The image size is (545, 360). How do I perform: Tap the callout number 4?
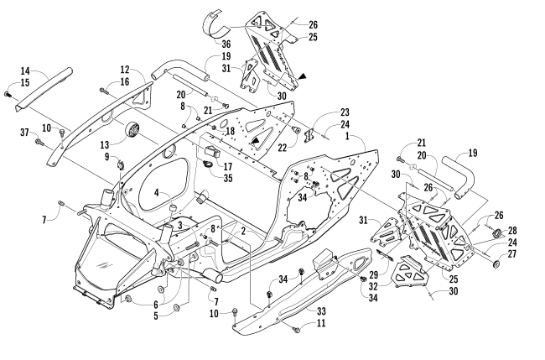(x=156, y=193)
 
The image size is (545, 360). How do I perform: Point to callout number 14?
(x=25, y=70)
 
